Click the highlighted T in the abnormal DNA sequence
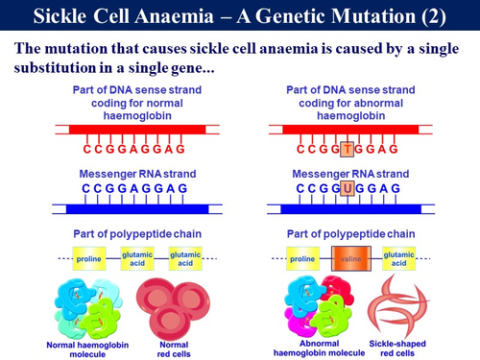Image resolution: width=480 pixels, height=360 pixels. [345, 150]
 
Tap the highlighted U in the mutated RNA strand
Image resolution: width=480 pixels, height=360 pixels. [348, 188]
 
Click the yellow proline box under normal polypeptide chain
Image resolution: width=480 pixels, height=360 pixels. [92, 257]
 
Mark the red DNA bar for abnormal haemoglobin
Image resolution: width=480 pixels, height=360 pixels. [354, 128]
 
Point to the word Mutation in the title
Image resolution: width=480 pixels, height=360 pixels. [358, 15]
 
